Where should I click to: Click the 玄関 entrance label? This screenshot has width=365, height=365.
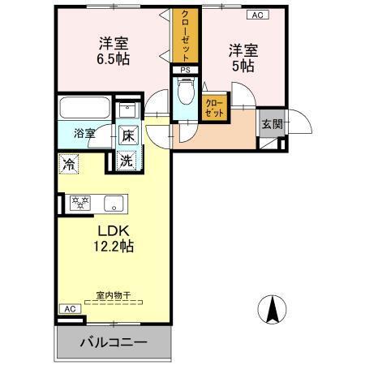(x=271, y=125)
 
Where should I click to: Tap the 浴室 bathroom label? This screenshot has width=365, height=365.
(x=84, y=133)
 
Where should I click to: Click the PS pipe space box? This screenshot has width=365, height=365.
(x=186, y=70)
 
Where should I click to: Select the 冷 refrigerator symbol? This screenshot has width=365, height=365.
(x=68, y=162)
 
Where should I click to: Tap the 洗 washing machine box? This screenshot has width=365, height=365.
(x=127, y=161)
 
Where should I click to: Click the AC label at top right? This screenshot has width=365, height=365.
(x=258, y=15)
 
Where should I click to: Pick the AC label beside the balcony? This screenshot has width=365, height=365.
(x=68, y=309)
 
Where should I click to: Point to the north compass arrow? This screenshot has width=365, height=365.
(x=273, y=310)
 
